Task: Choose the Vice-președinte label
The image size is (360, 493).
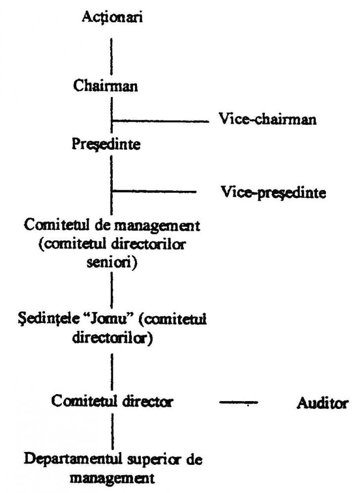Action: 273,192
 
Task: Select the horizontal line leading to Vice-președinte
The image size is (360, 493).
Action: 154,191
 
